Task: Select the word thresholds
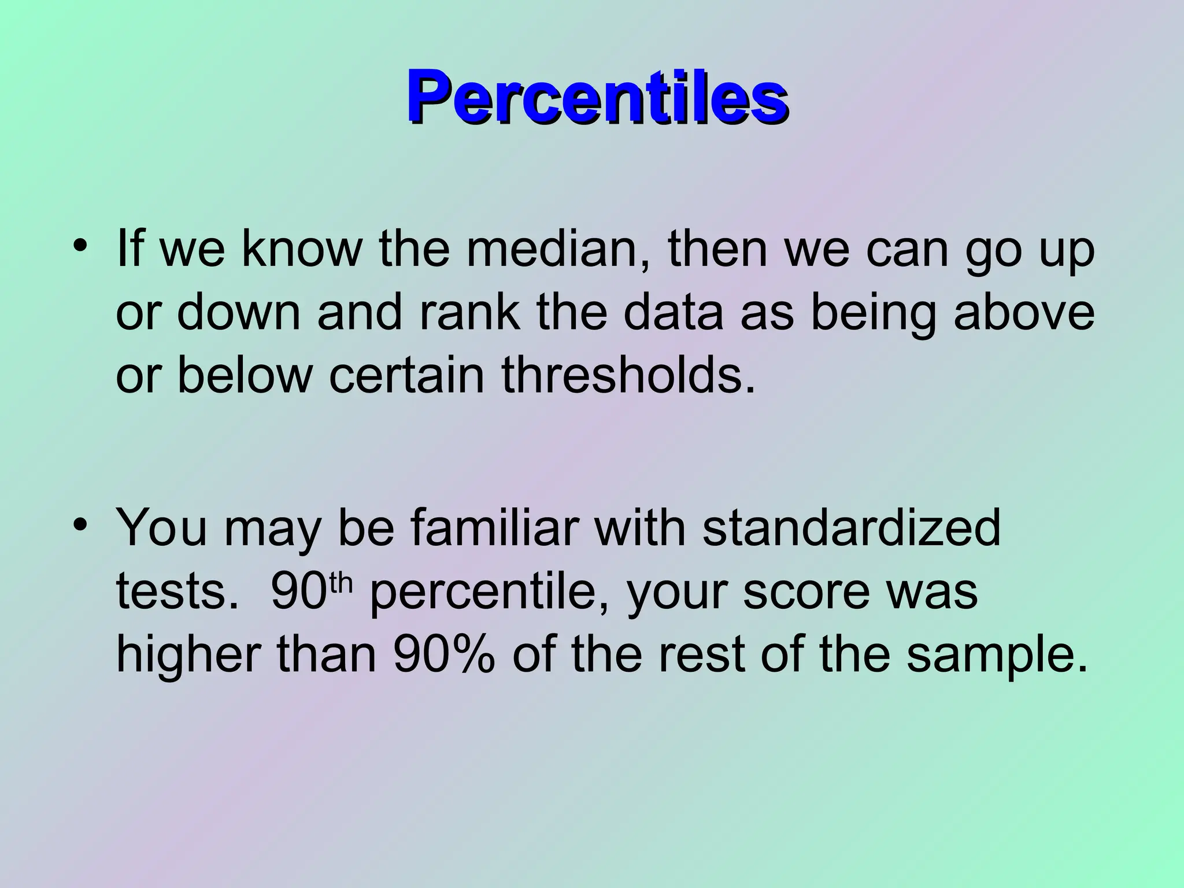pyautogui.click(x=628, y=375)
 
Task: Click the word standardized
pyautogui.click(x=851, y=527)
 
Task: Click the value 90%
pyautogui.click(x=443, y=656)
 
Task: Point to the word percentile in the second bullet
pyautogui.click(x=489, y=593)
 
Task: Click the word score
pyautogui.click(x=806, y=592)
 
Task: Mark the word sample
pyautogui.click(x=996, y=656)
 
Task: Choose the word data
pyautogui.click(x=673, y=312)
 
